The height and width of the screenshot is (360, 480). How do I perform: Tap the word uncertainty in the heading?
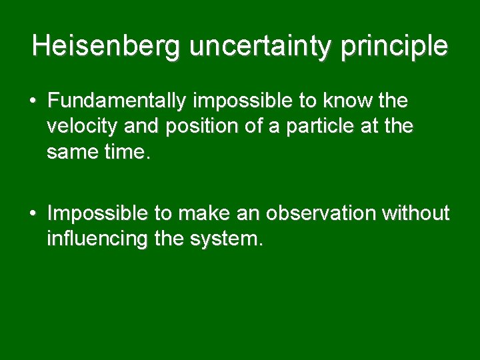point(263,46)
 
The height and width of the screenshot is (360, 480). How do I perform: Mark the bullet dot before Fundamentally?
point(33,102)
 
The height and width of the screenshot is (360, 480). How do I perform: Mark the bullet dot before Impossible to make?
point(33,214)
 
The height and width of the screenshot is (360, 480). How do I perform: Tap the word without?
point(416,213)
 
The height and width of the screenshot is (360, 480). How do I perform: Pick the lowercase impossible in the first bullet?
point(243,101)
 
